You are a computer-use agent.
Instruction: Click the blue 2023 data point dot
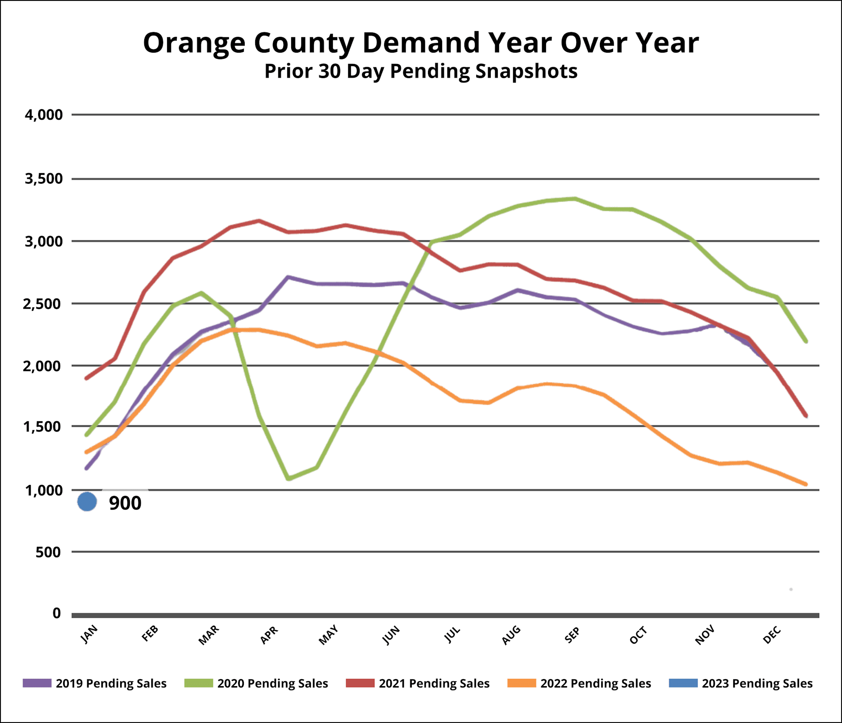coord(87,502)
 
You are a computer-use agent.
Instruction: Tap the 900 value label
coord(125,503)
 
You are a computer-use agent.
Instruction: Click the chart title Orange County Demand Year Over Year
coord(421,43)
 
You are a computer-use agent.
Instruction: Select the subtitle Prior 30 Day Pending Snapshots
coord(421,71)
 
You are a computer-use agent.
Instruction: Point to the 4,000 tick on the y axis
coord(44,115)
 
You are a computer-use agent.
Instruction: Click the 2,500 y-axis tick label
coord(43,303)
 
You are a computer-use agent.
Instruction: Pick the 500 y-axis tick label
coord(48,552)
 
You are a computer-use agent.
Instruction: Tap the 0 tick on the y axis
coord(57,613)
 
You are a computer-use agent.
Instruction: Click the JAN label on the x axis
coord(89,634)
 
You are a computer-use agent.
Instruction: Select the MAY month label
coord(328,635)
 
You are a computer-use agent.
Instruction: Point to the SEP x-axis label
coord(572,635)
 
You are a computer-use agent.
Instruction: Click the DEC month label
coord(772,635)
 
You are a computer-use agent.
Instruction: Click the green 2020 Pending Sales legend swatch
coord(199,683)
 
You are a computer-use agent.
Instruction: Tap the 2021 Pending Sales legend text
coord(434,684)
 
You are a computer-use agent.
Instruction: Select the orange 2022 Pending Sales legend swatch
coord(521,683)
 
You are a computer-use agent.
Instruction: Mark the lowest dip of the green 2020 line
coord(289,478)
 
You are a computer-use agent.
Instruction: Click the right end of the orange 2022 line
coord(806,484)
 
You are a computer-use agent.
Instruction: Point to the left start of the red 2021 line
coord(86,378)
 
